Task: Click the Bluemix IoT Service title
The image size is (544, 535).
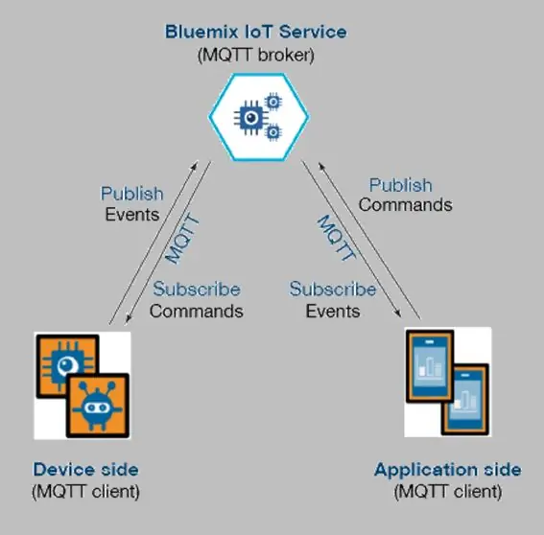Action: (256, 32)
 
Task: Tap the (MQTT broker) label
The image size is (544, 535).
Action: (256, 55)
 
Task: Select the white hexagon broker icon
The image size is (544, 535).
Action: (259, 117)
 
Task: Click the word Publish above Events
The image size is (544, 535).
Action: (131, 194)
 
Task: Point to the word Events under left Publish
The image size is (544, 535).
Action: (132, 214)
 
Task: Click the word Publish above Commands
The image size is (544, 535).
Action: (401, 185)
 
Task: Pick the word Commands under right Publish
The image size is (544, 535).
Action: (406, 205)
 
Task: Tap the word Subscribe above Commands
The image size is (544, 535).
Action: (197, 289)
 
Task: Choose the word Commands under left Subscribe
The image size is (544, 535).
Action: (197, 311)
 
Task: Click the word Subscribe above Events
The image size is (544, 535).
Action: (333, 289)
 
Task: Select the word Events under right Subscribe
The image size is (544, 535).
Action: (333, 311)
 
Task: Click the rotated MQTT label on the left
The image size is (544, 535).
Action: (182, 239)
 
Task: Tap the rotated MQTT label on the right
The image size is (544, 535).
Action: (337, 238)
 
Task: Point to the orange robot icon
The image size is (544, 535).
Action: (98, 406)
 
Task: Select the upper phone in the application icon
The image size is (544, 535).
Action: (430, 366)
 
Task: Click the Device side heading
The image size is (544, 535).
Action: (85, 470)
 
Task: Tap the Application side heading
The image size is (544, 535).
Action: (448, 470)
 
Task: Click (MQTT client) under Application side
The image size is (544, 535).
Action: (448, 492)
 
